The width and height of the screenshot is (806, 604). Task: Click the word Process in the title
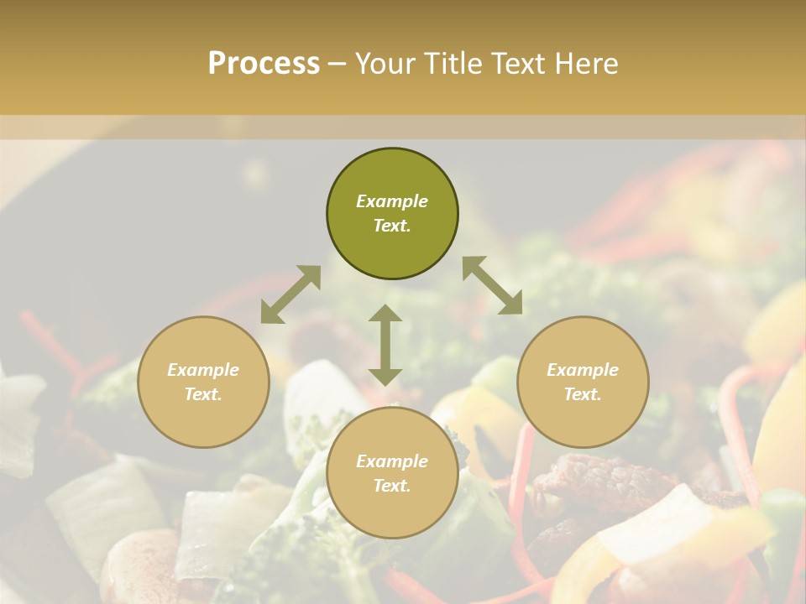point(264,64)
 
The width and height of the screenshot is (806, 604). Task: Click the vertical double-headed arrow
point(385,345)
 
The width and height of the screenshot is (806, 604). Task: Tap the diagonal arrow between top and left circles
point(290,294)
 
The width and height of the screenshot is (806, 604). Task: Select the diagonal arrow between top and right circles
point(492,285)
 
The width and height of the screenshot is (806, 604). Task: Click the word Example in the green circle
point(392,201)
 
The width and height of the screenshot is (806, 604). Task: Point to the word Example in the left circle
point(203,370)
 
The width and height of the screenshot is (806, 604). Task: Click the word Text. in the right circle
point(583,394)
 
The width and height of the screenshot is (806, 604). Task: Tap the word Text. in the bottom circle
point(392,486)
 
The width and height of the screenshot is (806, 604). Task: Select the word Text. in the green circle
point(392,226)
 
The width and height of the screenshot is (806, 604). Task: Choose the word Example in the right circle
point(583,370)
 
